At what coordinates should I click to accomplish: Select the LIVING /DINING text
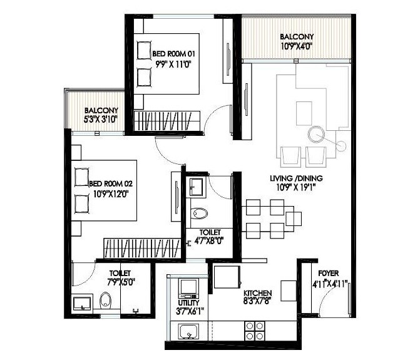click(x=292, y=178)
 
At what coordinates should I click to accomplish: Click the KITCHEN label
click(x=258, y=293)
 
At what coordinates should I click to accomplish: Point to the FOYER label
click(x=329, y=273)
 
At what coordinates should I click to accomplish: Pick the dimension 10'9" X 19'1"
click(x=292, y=187)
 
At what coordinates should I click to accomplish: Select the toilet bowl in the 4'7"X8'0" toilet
click(x=200, y=213)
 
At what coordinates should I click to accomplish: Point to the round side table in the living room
click(x=317, y=135)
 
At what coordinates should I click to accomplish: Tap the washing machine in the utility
click(x=188, y=289)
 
